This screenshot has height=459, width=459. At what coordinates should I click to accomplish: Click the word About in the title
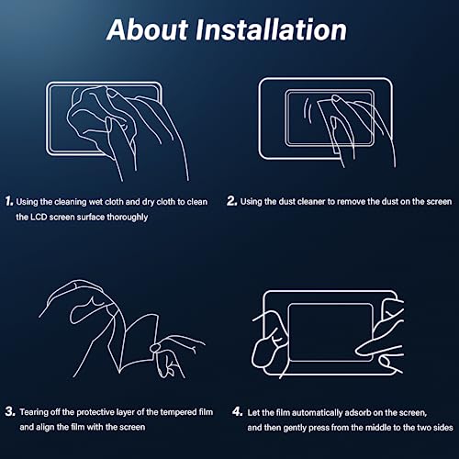[x=148, y=29]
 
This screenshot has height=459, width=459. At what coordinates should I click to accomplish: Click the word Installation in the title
[x=271, y=29]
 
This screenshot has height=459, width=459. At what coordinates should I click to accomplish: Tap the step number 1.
[x=9, y=201]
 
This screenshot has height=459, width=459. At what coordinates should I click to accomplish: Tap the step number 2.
[x=231, y=201]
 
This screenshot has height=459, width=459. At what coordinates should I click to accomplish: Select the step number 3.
[x=10, y=411]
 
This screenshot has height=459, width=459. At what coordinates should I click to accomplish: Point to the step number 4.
[x=238, y=411]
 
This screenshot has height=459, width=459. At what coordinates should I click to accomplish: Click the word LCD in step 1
[x=39, y=217]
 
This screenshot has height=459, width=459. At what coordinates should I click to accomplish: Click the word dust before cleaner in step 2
[x=287, y=202]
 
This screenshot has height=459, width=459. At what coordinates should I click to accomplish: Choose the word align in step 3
[x=45, y=427]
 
